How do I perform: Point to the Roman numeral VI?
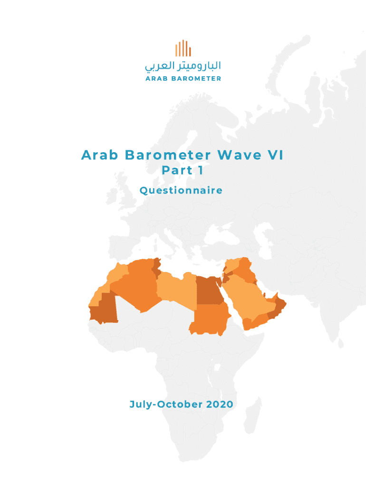(275, 156)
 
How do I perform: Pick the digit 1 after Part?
(201, 170)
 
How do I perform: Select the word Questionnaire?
(181, 191)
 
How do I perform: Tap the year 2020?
(220, 405)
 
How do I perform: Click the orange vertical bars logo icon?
(183, 49)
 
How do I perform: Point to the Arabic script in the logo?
(183, 66)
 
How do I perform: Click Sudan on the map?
(209, 319)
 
